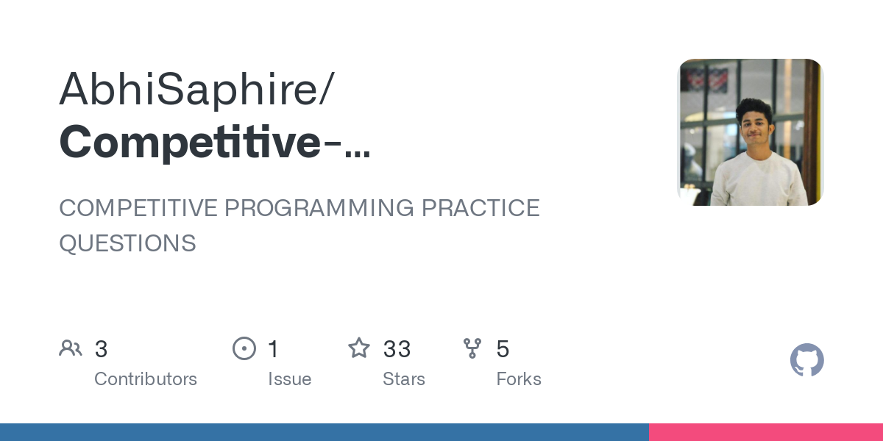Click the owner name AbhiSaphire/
[196, 90]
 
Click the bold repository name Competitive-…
[214, 143]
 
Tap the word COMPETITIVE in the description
[138, 208]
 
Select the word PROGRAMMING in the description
[320, 208]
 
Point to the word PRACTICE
[480, 208]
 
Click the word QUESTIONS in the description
[127, 243]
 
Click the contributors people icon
[71, 348]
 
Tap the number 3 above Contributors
[102, 349]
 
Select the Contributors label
[146, 379]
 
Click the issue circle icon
[244, 348]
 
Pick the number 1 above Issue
[273, 349]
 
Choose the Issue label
[289, 379]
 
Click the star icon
[359, 348]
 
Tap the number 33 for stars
[397, 349]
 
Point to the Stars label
[403, 379]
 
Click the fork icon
[472, 348]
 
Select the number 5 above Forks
[503, 349]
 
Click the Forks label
[519, 379]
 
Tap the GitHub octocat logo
[806, 360]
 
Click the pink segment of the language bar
[765, 432]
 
